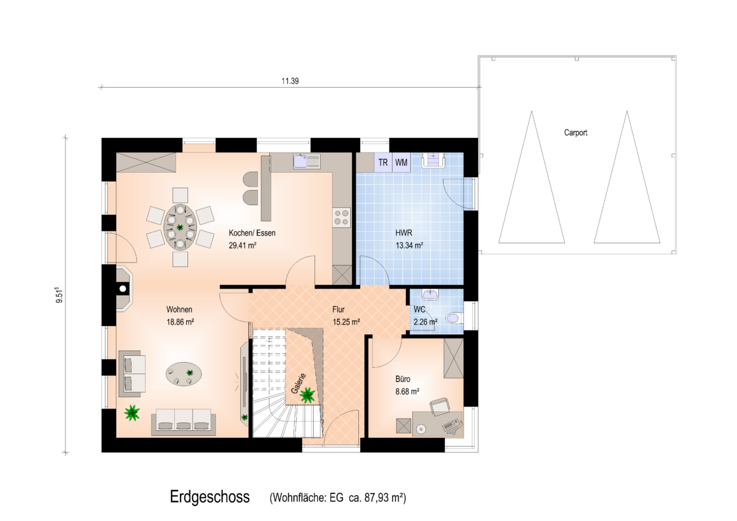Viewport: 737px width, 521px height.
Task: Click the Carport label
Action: point(576,133)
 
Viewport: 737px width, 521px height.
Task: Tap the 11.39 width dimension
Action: point(290,81)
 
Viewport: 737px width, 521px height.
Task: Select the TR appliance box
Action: point(383,162)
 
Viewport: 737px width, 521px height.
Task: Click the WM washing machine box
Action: point(402,162)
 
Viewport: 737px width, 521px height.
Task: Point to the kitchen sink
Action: point(306,161)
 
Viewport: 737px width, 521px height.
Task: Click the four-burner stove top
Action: point(342,218)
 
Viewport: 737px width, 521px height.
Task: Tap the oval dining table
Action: point(180,227)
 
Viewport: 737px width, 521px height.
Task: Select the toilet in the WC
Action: point(454,318)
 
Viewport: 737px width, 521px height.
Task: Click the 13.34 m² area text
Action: point(409,245)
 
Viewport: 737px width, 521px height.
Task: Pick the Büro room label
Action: point(403,379)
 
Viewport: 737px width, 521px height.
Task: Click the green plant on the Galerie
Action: point(308,395)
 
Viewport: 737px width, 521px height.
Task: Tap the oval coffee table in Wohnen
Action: point(184,374)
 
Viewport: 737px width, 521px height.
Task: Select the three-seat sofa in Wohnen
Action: point(184,421)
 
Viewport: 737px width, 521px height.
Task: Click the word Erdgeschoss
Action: point(210,497)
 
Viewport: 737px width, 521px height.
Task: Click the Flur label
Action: point(339,309)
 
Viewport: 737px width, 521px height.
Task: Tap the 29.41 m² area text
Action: point(243,245)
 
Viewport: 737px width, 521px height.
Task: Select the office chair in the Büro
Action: point(440,406)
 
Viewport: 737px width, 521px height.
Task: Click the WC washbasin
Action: point(431,294)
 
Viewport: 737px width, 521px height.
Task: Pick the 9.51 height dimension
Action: point(59,295)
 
